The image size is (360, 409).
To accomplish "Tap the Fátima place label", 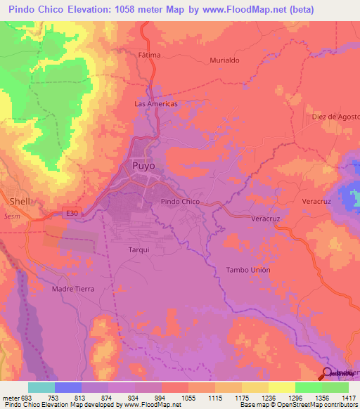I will tap(149, 55).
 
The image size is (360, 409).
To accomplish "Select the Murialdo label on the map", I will tap(225, 60).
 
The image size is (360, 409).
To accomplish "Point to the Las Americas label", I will tap(155, 103).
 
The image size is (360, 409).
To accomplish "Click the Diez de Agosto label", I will tap(335, 117).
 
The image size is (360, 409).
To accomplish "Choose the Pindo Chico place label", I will tap(181, 202).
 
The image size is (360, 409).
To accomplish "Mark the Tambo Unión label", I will tap(248, 270).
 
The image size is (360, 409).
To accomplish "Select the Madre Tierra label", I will tap(73, 288).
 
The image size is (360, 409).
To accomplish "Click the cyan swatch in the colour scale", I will tap(41, 387).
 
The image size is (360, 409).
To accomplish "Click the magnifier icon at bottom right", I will tap(328, 374).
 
